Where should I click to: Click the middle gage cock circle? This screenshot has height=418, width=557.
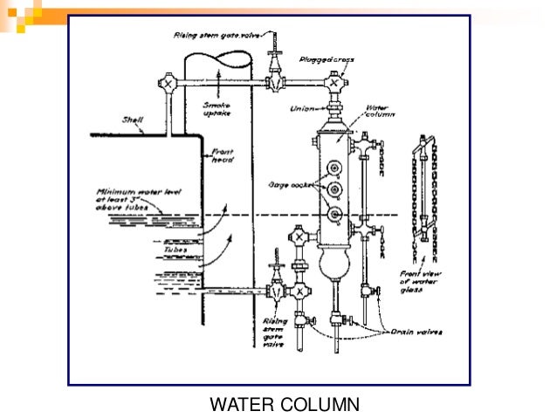coord(333,190)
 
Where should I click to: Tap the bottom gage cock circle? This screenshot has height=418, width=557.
coord(333,215)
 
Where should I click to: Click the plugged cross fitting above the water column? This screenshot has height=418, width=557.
coord(334,84)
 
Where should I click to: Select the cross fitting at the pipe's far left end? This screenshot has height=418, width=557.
coord(167,85)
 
